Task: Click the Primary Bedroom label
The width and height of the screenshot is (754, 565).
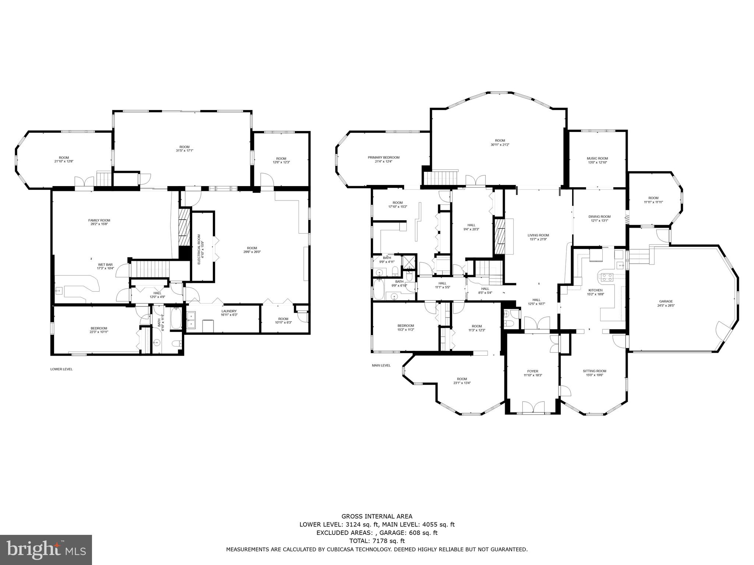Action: point(383,157)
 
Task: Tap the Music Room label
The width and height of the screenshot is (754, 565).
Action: point(597,159)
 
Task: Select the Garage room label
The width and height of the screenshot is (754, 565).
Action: point(666,301)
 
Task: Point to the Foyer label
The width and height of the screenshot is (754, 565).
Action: point(532,371)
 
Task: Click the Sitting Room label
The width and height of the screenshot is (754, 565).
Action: point(594,371)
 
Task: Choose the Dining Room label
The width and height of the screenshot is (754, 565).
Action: point(599,217)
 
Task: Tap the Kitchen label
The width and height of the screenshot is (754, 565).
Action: point(595,290)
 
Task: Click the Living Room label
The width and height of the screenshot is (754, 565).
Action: point(538,235)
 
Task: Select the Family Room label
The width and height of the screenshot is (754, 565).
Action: point(99,220)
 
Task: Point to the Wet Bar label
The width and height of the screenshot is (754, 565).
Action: point(105,264)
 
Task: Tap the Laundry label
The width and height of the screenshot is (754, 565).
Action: point(229,311)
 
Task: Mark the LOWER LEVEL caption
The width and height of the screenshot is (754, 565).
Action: point(61,369)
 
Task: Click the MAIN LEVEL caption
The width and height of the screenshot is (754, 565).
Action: point(381,365)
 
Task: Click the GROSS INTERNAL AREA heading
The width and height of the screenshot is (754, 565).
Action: point(377,516)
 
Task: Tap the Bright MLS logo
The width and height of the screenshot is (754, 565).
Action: point(46,550)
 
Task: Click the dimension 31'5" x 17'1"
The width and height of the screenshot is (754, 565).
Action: point(184,150)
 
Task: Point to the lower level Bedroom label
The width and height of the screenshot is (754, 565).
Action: point(99,328)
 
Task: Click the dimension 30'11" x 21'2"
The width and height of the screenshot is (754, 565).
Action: point(500,145)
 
